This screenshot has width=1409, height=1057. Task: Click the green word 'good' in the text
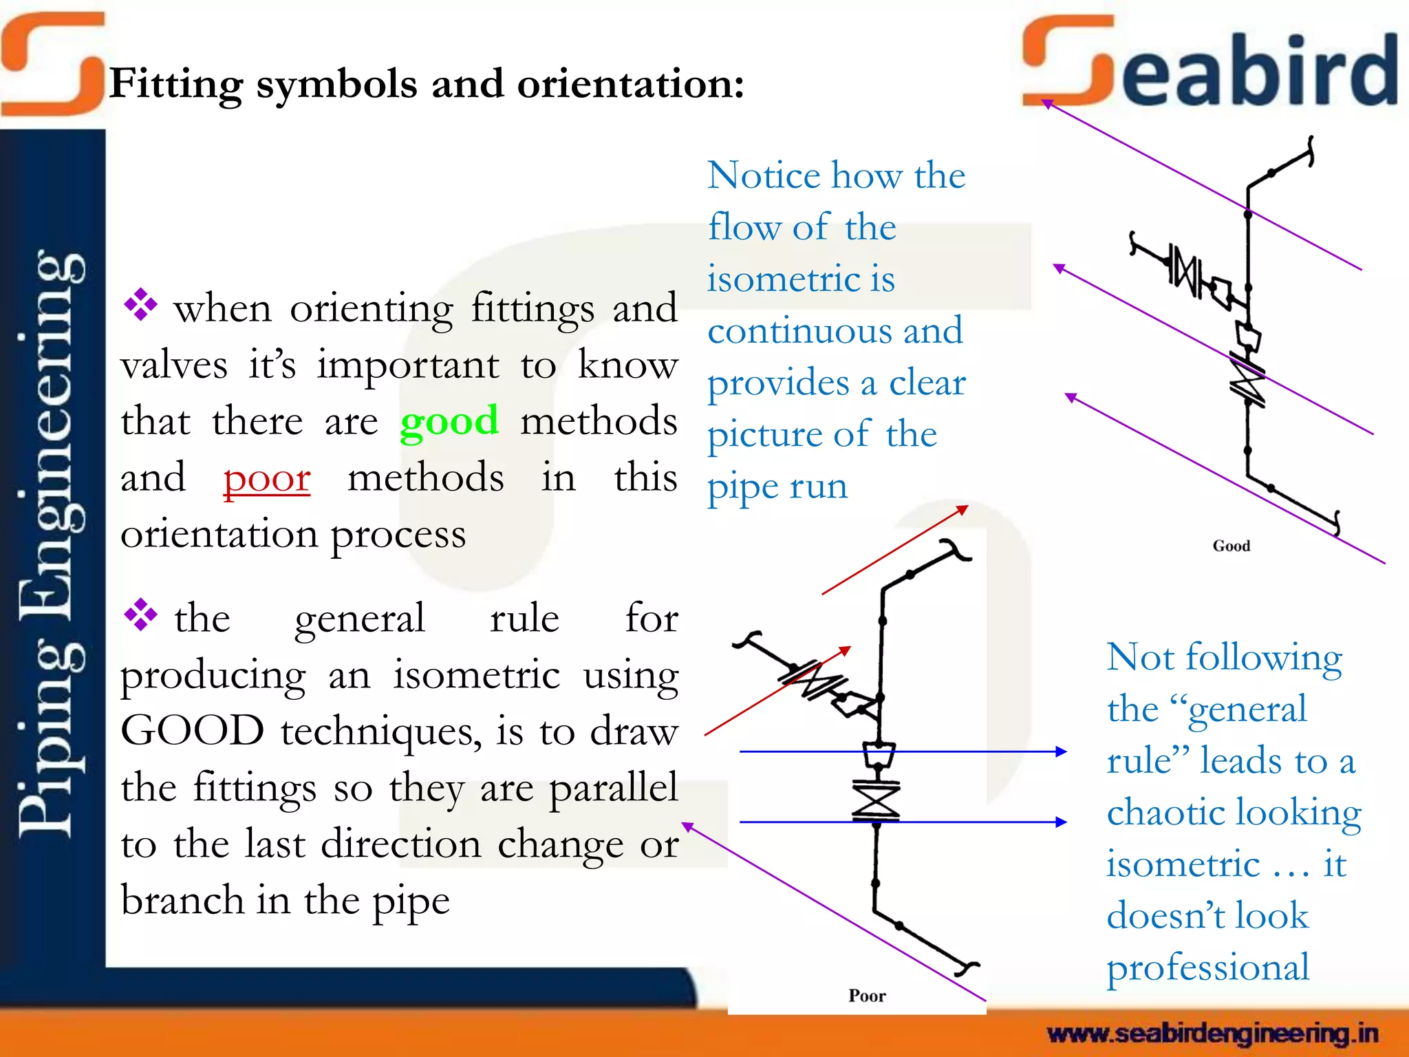(449, 421)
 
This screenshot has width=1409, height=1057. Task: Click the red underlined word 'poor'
(267, 478)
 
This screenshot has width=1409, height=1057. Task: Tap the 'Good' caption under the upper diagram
(1231, 546)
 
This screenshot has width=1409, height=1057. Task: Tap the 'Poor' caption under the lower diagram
(867, 996)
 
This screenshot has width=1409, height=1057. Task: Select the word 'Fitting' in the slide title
(176, 85)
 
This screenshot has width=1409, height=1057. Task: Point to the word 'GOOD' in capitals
(192, 731)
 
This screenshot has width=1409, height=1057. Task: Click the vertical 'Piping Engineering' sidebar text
(52, 544)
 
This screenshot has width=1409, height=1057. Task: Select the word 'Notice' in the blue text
(764, 175)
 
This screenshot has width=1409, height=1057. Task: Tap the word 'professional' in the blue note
(1207, 968)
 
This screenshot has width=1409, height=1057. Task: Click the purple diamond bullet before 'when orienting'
(140, 305)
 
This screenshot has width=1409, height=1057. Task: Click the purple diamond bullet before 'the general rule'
(140, 615)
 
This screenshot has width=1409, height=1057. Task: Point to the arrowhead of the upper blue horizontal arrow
(1062, 751)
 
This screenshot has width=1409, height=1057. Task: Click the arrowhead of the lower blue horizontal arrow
(1062, 822)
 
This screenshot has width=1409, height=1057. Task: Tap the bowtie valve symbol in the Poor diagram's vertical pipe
(876, 800)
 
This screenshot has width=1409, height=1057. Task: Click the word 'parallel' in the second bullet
(613, 788)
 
